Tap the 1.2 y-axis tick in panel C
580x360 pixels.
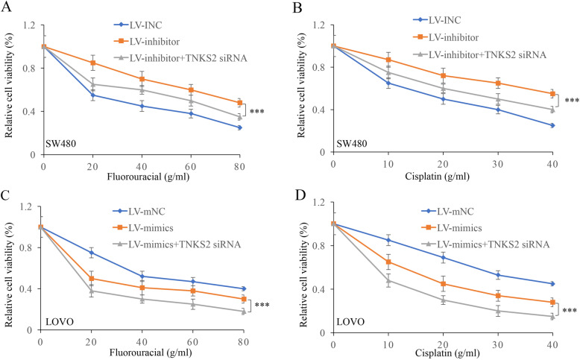27,206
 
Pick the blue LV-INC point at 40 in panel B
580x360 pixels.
552,125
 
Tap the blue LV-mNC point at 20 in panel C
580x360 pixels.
92,253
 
